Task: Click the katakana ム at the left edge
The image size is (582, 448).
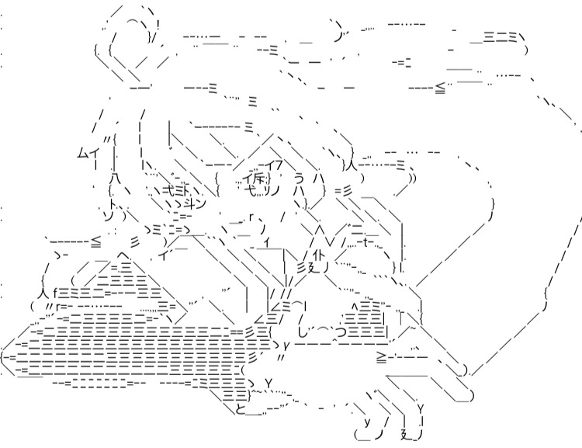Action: [81, 153]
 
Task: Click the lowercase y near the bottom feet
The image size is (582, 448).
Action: [367, 422]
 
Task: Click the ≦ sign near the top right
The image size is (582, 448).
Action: [440, 88]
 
